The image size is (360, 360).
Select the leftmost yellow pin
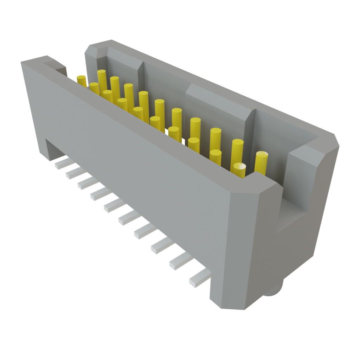click(82, 81)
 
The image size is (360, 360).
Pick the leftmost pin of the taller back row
click(102, 79)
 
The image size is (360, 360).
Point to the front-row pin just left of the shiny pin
click(216, 157)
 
